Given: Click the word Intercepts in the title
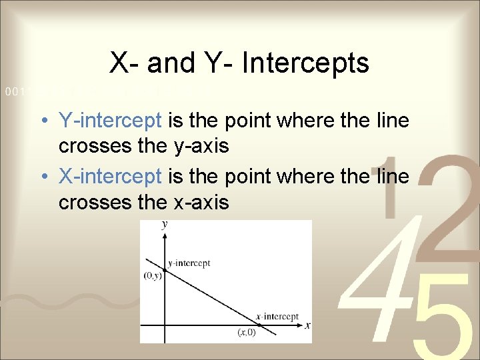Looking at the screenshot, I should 306,63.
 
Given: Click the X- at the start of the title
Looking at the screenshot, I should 124,63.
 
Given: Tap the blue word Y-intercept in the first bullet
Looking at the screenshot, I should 110,121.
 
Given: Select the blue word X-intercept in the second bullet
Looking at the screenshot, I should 110,177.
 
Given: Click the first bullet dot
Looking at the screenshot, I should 42,121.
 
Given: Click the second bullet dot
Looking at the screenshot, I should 42,177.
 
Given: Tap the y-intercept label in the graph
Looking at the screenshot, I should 189,263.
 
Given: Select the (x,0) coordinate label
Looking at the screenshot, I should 247,331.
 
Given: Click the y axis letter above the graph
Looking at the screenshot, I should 164,225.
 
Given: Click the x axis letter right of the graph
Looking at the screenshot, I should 307,325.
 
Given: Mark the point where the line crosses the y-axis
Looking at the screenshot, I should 164,269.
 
